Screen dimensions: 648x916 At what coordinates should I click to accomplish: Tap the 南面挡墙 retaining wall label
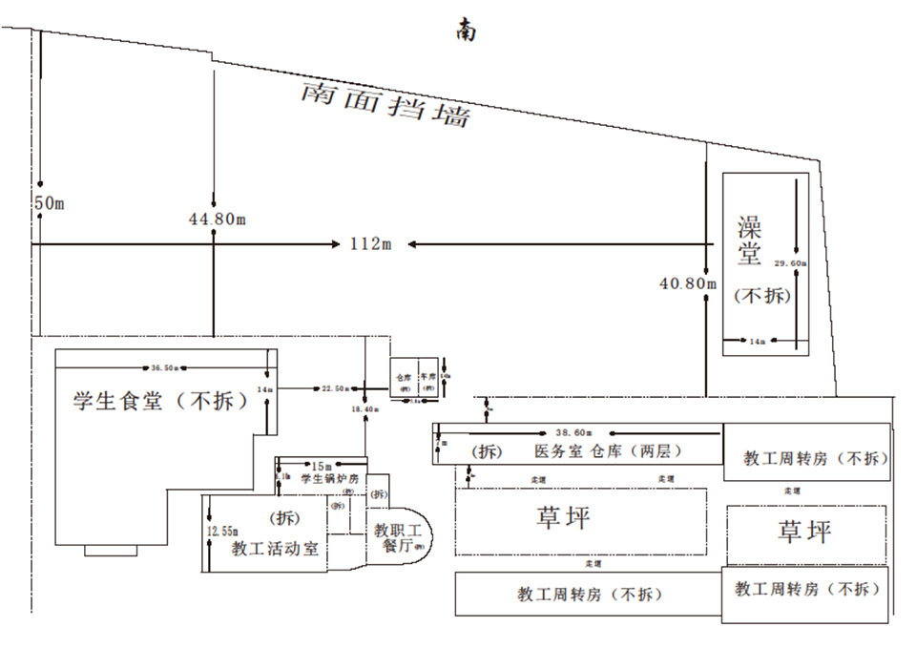coord(385,103)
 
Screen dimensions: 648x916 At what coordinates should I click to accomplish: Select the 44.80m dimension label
coord(218,219)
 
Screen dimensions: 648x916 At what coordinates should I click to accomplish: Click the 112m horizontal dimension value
coord(371,244)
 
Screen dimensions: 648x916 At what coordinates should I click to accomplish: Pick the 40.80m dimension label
coord(687,282)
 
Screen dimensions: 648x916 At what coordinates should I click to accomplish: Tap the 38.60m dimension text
coord(576,432)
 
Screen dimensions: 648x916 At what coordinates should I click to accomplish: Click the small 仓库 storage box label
coord(404,377)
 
